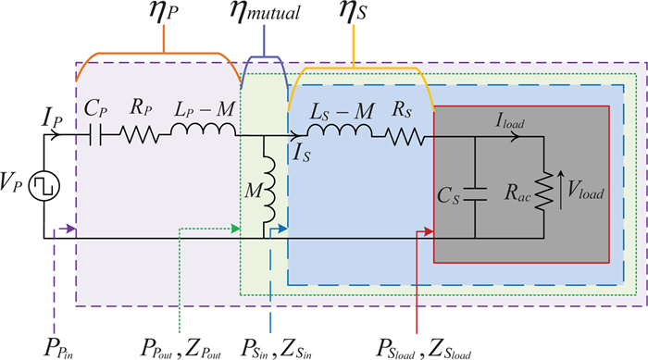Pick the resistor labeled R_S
(x=405, y=135)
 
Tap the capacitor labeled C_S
(x=475, y=196)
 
